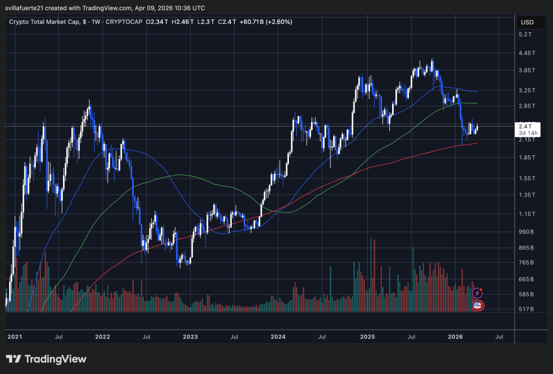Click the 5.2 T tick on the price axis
tap(526, 35)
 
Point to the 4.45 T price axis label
tap(527, 53)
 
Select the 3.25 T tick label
tap(527, 90)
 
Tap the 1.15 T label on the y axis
tap(527, 214)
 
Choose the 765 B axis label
tap(527, 262)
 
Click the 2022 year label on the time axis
tap(103, 337)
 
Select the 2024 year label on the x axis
tap(278, 337)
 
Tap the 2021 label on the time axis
tap(15, 337)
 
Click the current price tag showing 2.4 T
tap(525, 126)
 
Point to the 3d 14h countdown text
tap(528, 133)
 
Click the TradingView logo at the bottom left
tap(46, 359)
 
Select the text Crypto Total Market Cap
tap(42, 22)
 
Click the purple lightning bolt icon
tap(477, 293)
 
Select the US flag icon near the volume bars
tap(477, 306)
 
